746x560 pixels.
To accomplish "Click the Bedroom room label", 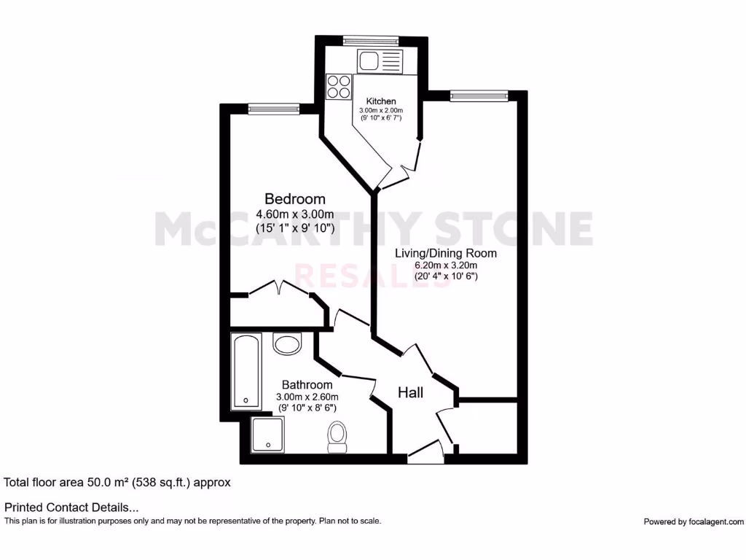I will click(x=294, y=198).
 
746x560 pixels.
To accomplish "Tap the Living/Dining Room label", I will click(x=445, y=254).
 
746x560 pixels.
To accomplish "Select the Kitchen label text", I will click(x=381, y=101).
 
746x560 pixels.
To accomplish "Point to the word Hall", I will click(x=410, y=393).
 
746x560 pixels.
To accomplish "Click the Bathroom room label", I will click(x=307, y=385).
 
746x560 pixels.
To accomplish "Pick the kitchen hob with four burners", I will click(x=339, y=87).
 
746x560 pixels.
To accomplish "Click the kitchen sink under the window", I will click(x=379, y=60).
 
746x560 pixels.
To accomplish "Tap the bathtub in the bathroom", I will click(x=246, y=372).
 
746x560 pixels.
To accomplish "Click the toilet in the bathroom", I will click(x=337, y=435).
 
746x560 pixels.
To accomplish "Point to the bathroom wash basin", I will click(x=287, y=343).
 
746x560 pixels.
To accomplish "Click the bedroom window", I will click(x=274, y=109).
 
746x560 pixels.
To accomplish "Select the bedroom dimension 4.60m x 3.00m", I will click(x=294, y=214).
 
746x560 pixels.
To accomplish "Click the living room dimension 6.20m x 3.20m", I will click(x=445, y=265).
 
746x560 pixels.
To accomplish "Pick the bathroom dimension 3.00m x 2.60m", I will click(x=307, y=397).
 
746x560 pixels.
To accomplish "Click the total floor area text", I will click(x=117, y=482).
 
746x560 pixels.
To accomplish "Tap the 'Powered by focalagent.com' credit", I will click(x=694, y=521).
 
